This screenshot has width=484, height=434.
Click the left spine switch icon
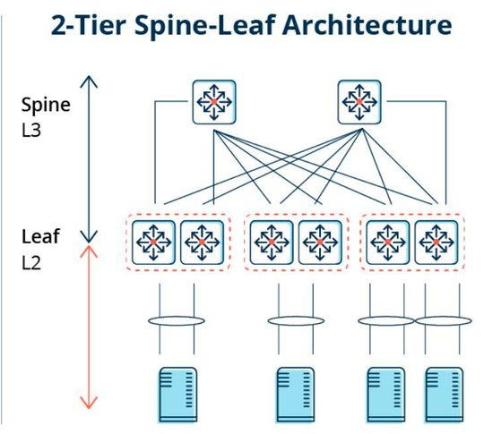213,103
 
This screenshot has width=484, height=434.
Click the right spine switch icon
359,103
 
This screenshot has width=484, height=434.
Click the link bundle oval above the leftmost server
177,319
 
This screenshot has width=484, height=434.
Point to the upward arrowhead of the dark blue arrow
87,81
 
